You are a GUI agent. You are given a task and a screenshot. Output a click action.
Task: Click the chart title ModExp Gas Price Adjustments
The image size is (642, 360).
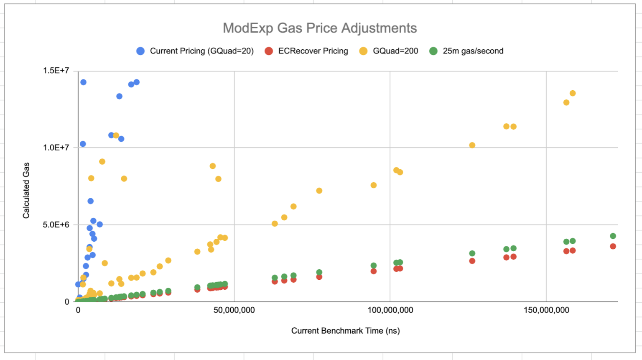tap(320, 28)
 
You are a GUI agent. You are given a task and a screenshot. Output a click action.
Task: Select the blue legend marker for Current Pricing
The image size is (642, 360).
tap(140, 51)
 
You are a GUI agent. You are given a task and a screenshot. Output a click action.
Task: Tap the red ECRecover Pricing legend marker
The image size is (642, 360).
tap(269, 51)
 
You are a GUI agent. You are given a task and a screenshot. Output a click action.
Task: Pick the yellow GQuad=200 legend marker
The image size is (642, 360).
tap(363, 51)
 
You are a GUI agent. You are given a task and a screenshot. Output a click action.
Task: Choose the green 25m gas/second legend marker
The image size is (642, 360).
tap(433, 51)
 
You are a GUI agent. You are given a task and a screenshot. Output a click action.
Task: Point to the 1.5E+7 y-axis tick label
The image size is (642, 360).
tap(56, 71)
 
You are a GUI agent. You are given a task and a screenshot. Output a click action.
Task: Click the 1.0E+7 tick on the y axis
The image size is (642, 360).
tap(56, 148)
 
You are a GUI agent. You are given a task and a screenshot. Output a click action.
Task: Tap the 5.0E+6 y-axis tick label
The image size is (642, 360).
tap(56, 225)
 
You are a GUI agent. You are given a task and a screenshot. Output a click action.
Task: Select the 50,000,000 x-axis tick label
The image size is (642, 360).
tap(234, 310)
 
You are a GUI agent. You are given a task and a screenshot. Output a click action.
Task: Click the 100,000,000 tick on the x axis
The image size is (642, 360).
tap(390, 310)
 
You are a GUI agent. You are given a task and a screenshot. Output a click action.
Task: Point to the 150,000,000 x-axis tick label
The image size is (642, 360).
tap(546, 310)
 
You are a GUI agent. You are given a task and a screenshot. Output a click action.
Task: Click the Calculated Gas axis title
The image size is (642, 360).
tap(26, 190)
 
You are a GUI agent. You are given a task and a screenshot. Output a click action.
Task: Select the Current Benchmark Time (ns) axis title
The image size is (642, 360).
tap(345, 331)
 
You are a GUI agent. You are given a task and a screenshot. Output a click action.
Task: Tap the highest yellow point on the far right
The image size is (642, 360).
tap(573, 93)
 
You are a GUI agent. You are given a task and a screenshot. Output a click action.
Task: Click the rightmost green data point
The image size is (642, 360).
tap(613, 236)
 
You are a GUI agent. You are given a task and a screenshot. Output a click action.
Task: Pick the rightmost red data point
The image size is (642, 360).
tap(613, 246)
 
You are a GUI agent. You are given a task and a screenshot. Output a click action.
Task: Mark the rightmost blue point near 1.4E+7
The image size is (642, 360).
tap(136, 82)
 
